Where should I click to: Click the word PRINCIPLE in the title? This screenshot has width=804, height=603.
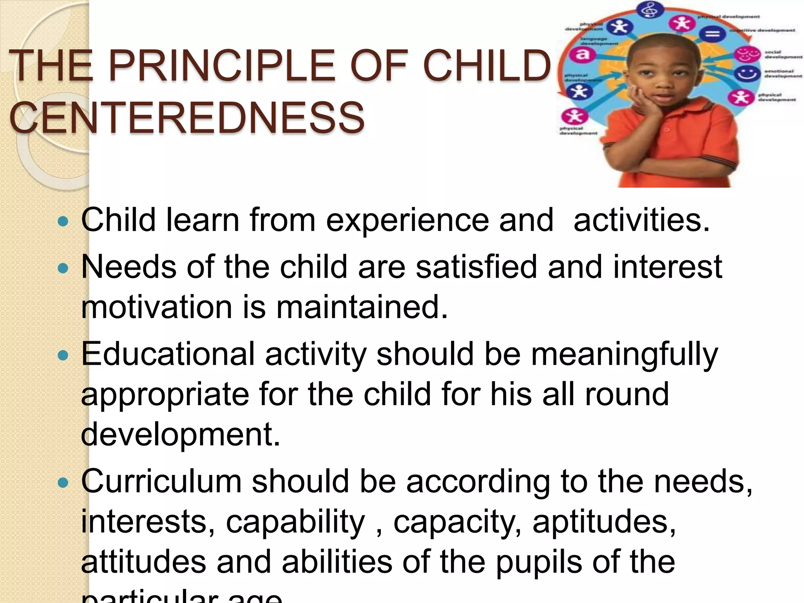(221, 66)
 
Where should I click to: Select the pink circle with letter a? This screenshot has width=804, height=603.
(583, 55)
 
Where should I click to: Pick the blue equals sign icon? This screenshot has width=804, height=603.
(713, 34)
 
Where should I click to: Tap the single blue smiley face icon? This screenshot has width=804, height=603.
(747, 73)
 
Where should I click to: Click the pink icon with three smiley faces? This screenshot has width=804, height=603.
(747, 54)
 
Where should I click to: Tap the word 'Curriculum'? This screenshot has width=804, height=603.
(161, 481)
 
